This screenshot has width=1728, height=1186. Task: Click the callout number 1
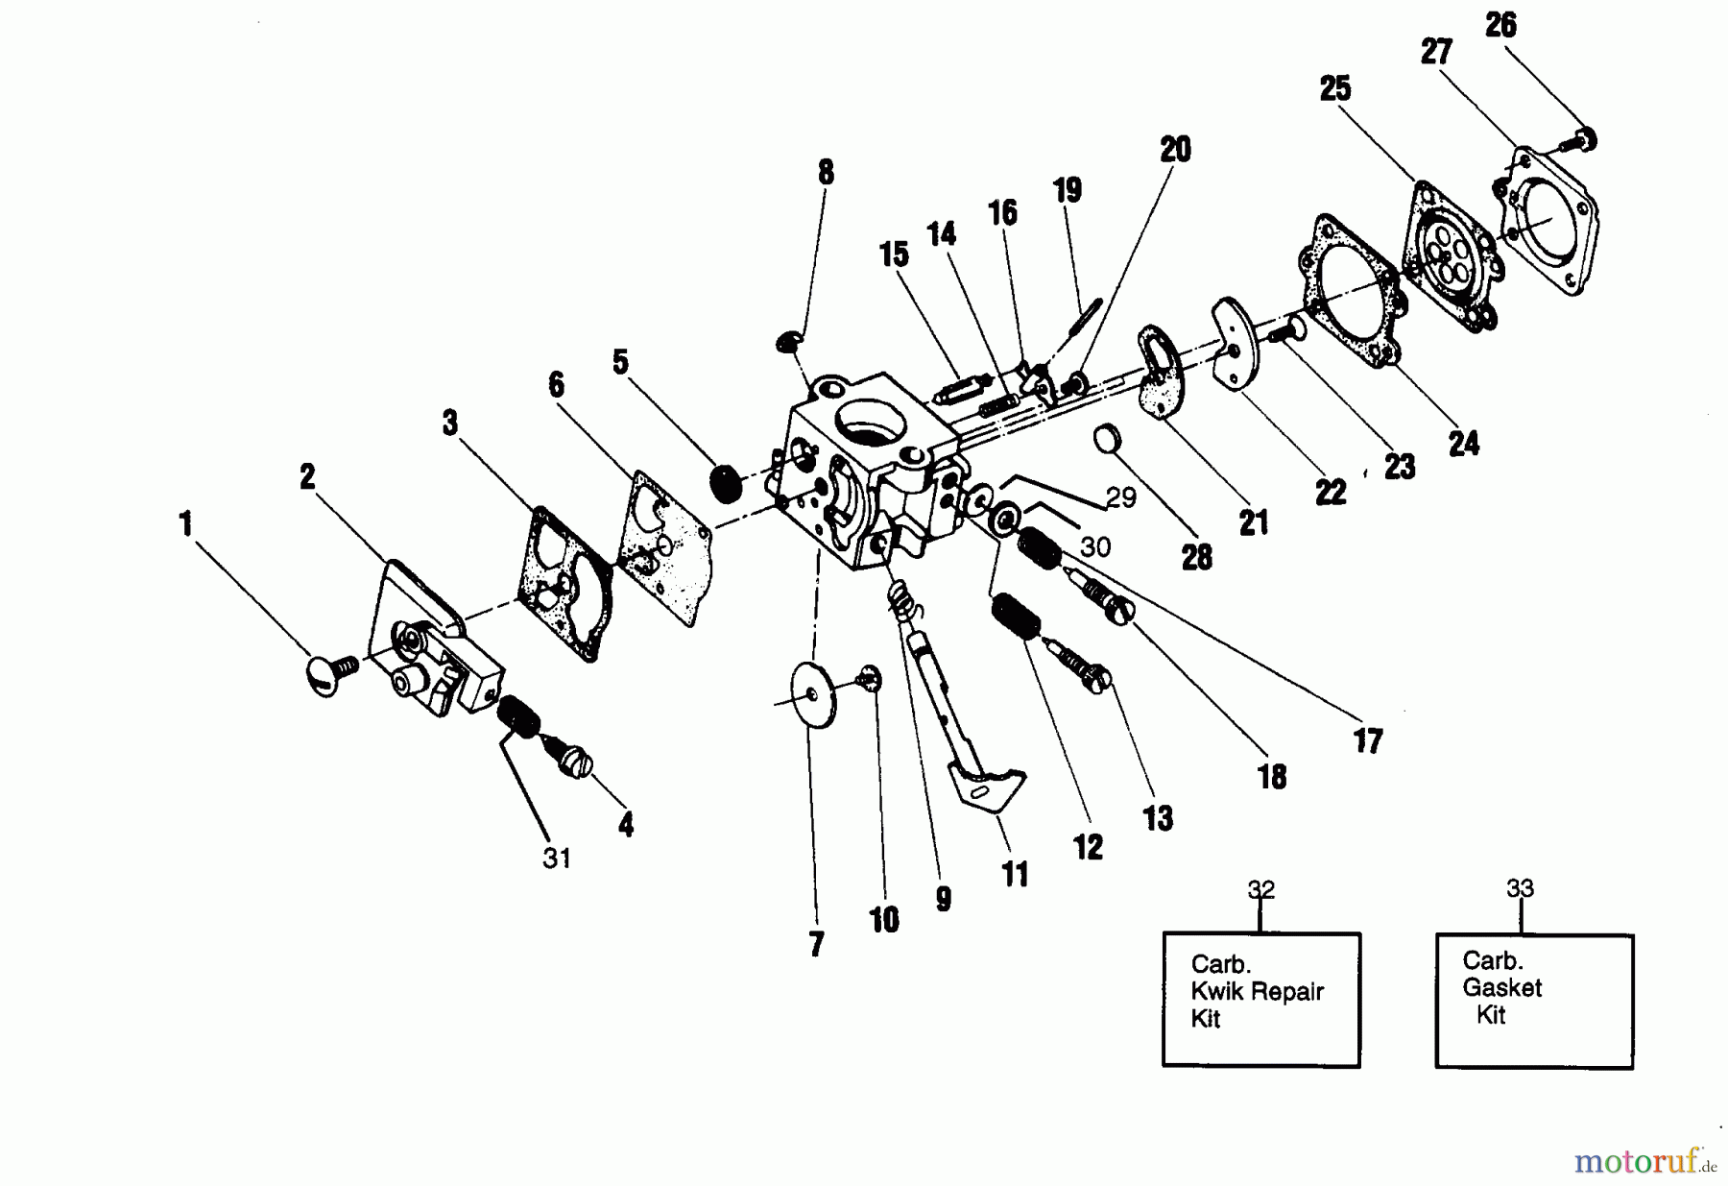pyautogui.click(x=185, y=524)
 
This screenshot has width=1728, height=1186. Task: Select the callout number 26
pyautogui.click(x=1500, y=25)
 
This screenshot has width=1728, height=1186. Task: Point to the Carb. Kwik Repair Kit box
pyautogui.click(x=1260, y=999)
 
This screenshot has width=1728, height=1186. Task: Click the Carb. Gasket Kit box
pyautogui.click(x=1533, y=1000)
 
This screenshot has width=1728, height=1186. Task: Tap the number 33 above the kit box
pyautogui.click(x=1520, y=888)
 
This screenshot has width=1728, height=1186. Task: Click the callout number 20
pyautogui.click(x=1175, y=150)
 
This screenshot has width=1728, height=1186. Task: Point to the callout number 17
pyautogui.click(x=1368, y=740)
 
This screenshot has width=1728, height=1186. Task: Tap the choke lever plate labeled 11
pyautogui.click(x=989, y=781)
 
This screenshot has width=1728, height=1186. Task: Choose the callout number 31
pyautogui.click(x=557, y=858)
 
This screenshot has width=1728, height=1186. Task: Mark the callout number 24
pyautogui.click(x=1464, y=444)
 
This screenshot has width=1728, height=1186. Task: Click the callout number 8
pyautogui.click(x=826, y=173)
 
